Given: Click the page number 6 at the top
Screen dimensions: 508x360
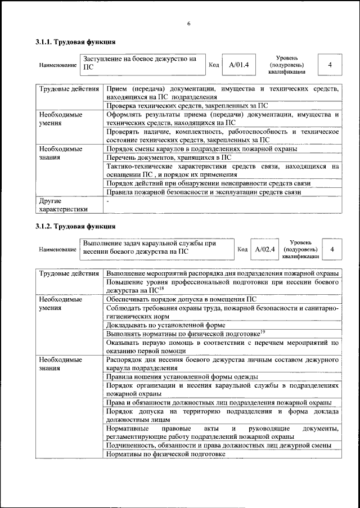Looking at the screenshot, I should (189, 23).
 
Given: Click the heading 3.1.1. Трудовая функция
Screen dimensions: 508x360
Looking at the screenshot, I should (72, 42).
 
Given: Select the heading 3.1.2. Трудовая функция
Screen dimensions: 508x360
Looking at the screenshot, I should (72, 227).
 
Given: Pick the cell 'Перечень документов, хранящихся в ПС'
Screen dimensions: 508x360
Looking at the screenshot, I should (168, 158).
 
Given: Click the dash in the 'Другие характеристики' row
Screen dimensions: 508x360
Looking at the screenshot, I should (108, 200).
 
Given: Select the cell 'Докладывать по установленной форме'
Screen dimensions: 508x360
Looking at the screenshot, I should (165, 325).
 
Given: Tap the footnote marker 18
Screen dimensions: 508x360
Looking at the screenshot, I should (161, 287).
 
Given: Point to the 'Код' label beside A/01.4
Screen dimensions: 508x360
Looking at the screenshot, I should (214, 65).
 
